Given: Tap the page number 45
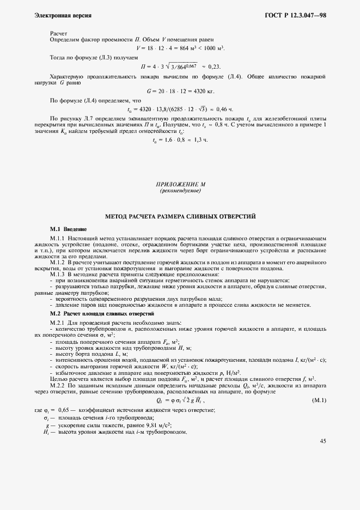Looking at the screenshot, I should pyautogui.click(x=322, y=441).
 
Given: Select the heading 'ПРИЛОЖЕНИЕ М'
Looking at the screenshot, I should pyautogui.click(x=180, y=185).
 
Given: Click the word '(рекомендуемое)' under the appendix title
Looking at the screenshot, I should pyautogui.click(x=180, y=191).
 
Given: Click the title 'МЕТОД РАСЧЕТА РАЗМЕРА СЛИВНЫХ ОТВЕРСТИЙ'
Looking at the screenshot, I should pyautogui.click(x=180, y=216).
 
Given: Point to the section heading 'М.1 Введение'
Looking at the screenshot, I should pyautogui.click(x=68, y=229).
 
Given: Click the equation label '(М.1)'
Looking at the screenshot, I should pyautogui.click(x=319, y=400).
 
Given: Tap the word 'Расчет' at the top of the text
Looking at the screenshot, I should pyautogui.click(x=59, y=33).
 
